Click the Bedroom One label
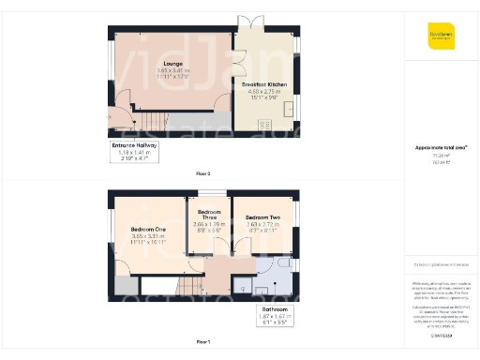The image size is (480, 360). coord(149,230)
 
